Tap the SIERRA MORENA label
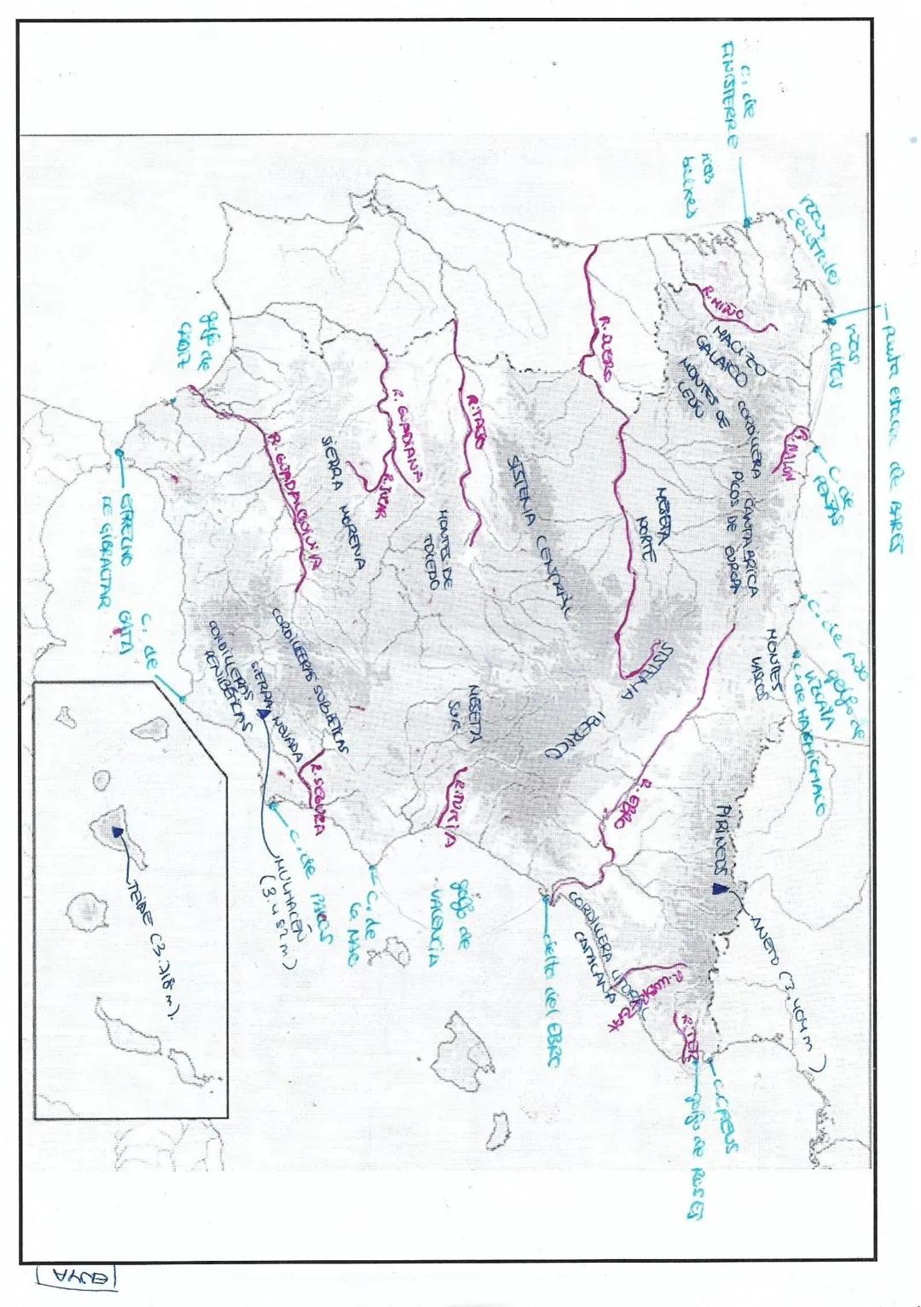click(x=343, y=502)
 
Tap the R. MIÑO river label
click(x=723, y=303)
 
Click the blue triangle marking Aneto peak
click(x=721, y=889)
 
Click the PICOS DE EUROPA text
click(x=733, y=529)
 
